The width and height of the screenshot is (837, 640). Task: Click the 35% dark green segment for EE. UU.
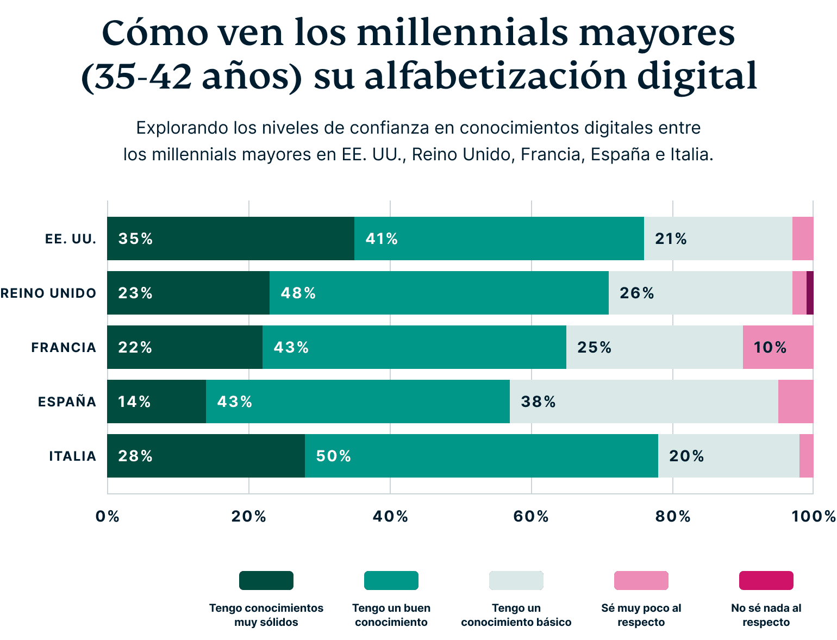(230, 239)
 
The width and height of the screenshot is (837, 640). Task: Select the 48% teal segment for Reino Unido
(439, 293)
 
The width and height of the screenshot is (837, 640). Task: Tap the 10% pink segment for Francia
(778, 347)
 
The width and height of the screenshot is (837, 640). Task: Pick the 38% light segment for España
(644, 401)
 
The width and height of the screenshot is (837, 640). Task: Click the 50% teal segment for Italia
(481, 456)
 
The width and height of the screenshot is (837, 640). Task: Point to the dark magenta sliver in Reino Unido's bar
(810, 293)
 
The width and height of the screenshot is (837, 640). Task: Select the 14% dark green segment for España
(157, 401)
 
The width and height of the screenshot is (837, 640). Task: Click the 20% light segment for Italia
(728, 456)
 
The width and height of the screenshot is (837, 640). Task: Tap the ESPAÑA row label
(67, 402)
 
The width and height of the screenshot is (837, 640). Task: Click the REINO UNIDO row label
(48, 293)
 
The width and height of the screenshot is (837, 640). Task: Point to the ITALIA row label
(73, 456)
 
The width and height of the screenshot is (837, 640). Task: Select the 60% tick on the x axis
(531, 516)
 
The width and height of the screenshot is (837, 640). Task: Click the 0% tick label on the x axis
(107, 516)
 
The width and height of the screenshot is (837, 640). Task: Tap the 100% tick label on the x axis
(813, 516)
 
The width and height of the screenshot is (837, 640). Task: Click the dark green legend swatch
(266, 580)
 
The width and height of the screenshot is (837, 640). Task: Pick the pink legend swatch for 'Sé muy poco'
(641, 580)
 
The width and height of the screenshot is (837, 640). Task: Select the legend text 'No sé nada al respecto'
(766, 615)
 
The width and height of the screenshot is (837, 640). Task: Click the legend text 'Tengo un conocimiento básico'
(516, 615)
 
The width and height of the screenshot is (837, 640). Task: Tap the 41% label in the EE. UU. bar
(382, 239)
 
